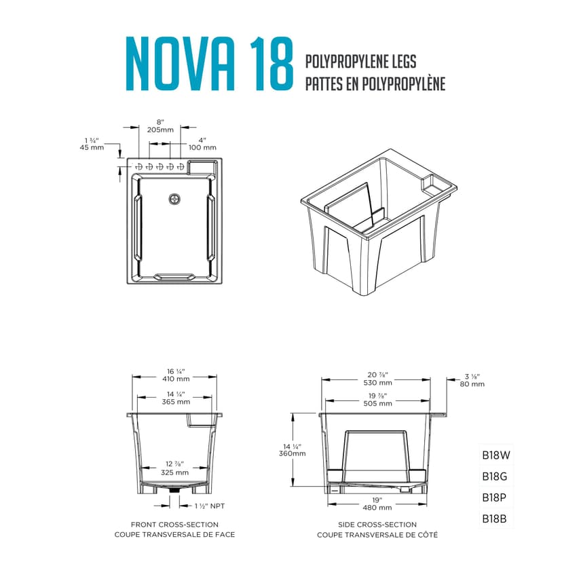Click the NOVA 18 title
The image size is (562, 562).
click(x=210, y=63)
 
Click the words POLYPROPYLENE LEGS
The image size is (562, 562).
click(x=360, y=62)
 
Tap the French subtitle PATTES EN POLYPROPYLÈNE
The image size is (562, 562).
click(x=375, y=83)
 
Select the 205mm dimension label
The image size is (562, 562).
click(x=160, y=130)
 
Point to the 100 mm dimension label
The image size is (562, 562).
click(x=202, y=147)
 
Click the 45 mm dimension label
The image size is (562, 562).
click(x=92, y=147)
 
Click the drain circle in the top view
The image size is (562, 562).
click(x=174, y=200)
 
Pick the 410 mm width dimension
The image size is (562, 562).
click(x=176, y=379)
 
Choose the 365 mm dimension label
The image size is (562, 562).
click(x=176, y=402)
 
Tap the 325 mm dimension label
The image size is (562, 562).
click(x=174, y=472)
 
